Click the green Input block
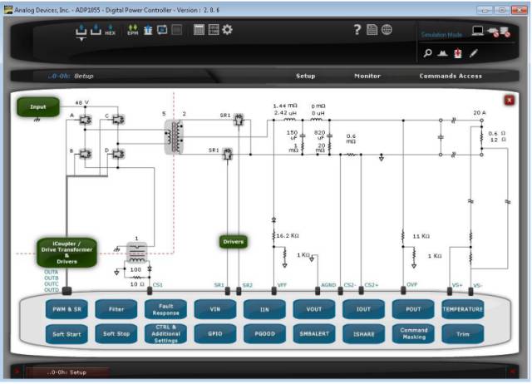click(38, 107)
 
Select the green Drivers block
click(234, 242)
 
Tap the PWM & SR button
click(66, 309)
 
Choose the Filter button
click(116, 309)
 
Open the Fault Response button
click(165, 309)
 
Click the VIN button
click(215, 309)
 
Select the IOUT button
click(363, 309)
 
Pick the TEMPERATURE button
click(462, 309)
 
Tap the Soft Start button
click(66, 334)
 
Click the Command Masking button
click(413, 334)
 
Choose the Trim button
click(462, 334)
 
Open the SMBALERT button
click(314, 334)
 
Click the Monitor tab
click(367, 76)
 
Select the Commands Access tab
click(450, 76)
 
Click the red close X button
click(509, 100)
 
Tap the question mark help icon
click(357, 30)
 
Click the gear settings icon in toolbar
click(227, 30)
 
